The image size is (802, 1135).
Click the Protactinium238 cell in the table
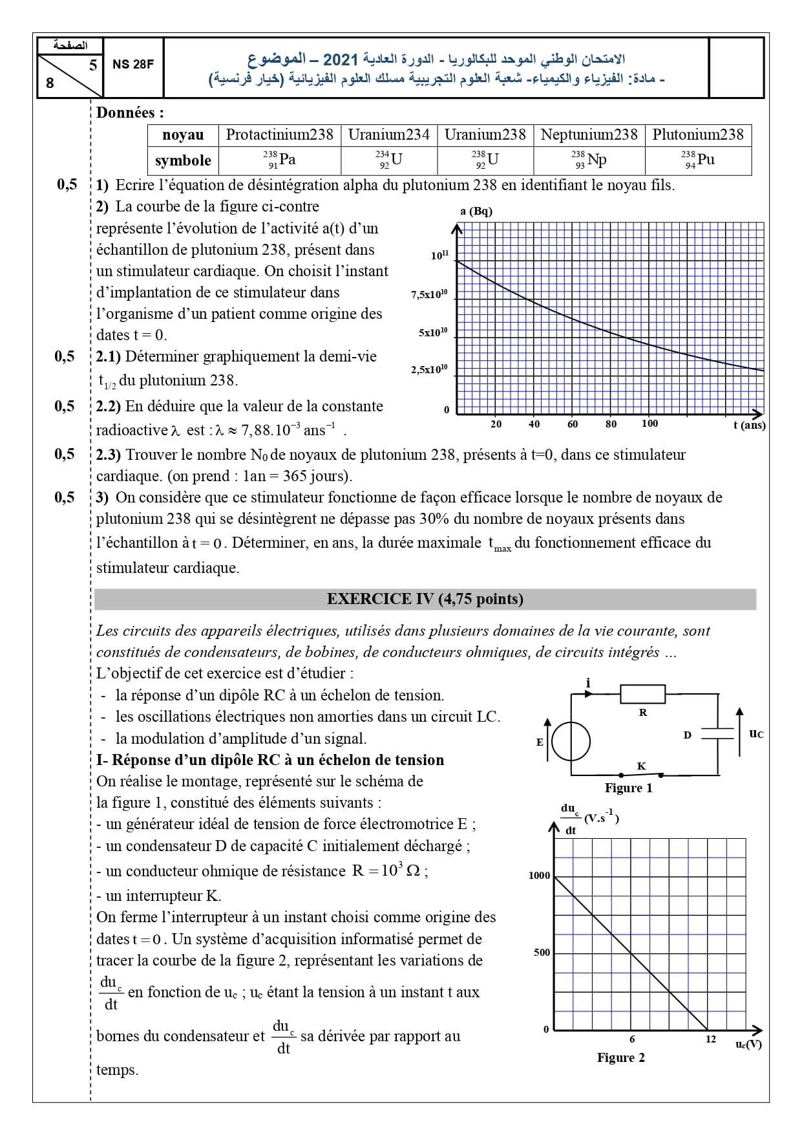pos(279,135)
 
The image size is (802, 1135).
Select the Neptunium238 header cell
pos(589,135)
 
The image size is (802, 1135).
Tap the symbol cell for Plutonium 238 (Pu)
pos(698,160)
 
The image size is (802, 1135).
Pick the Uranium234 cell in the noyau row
pos(388,135)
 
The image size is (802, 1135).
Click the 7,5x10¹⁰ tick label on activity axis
pos(430,295)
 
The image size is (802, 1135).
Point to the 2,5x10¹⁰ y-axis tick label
pos(430,370)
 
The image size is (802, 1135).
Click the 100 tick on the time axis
pos(649,424)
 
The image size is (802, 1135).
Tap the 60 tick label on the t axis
pos(573,424)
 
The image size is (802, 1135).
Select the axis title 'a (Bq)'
pos(476,211)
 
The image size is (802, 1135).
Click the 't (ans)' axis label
pos(749,425)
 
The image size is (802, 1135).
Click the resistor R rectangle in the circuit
pos(642,694)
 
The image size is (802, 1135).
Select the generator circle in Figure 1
pos(571,742)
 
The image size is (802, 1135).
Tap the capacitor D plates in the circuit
pos(719,733)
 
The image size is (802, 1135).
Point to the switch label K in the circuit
pos(642,766)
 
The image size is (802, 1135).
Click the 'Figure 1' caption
pos(628,788)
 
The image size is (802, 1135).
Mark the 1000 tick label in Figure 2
pos(540,876)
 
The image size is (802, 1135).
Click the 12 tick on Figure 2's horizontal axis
pos(711,1039)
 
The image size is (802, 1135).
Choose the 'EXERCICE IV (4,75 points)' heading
pos(425,599)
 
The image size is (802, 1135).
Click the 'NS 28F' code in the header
pos(133,64)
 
